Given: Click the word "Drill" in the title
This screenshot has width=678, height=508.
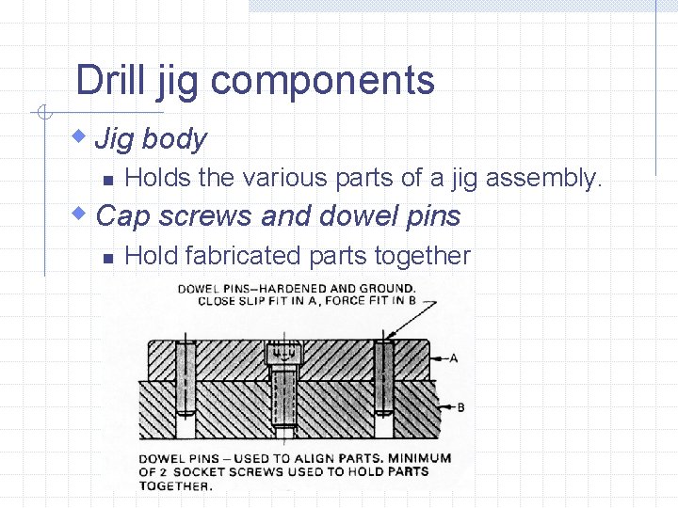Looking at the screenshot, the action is [x=108, y=80].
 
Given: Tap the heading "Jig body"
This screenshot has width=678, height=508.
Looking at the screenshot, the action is [x=151, y=139].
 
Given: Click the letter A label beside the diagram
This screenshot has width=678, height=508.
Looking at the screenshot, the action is [x=455, y=357].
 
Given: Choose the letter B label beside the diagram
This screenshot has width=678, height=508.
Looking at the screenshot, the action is [x=460, y=407].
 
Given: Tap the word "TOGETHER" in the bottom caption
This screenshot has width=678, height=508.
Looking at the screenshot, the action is [x=175, y=485].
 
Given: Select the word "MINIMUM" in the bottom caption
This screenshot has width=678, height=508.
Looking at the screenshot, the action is [x=420, y=458].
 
